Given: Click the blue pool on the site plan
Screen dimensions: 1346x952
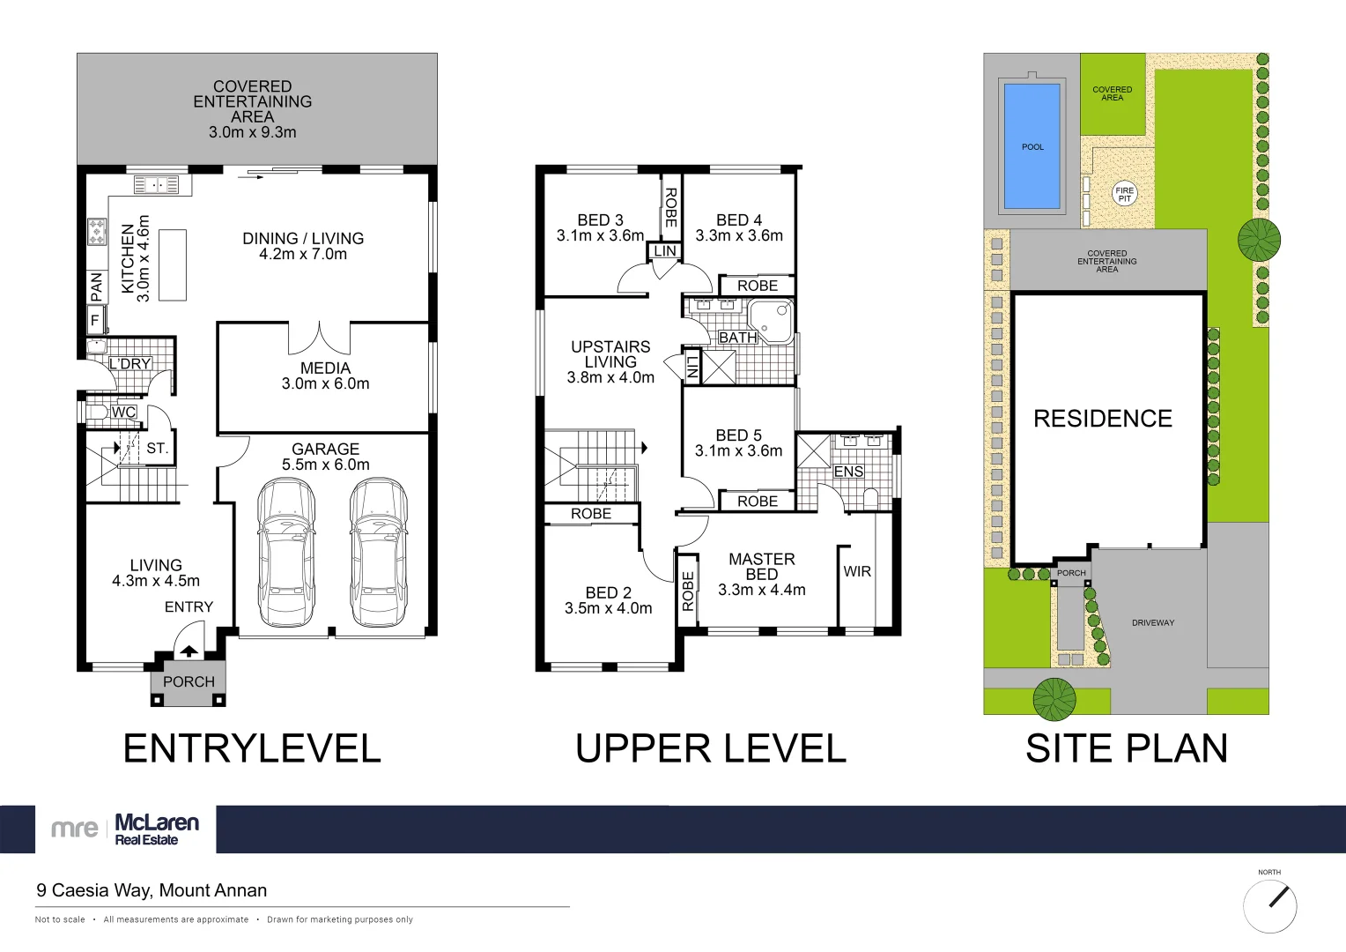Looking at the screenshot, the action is tap(1032, 146).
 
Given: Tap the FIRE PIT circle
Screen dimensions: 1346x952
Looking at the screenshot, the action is tap(1124, 194).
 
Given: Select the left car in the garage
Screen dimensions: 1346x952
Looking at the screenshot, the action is tap(286, 553).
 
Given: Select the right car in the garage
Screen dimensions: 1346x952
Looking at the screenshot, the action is tap(379, 553).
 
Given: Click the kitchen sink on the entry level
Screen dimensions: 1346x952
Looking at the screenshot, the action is tap(156, 184).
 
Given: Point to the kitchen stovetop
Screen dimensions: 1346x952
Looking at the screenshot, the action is tap(98, 232).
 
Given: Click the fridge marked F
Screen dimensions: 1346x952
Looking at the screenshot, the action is tap(95, 319).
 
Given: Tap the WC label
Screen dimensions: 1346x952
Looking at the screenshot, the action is tap(124, 412).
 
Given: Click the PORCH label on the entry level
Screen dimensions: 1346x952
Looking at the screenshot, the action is tap(189, 681).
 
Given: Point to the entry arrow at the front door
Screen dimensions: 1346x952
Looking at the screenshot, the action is tap(189, 651).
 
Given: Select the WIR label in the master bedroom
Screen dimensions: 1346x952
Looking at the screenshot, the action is tap(857, 571).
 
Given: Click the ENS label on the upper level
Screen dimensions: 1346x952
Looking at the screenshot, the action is tap(848, 472).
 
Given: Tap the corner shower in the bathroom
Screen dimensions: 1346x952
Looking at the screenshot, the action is tap(771, 322).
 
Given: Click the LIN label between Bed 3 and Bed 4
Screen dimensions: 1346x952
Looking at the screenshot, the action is tap(665, 250).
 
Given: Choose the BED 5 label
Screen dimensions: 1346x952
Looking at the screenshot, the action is tap(738, 435).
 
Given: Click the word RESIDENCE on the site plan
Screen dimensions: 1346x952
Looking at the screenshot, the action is tap(1103, 419).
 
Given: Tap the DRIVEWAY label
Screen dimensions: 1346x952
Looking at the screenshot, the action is tap(1152, 623).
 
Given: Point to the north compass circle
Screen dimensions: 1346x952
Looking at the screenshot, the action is tap(1269, 907).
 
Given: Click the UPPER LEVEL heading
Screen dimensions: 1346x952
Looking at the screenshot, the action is tap(711, 748).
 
